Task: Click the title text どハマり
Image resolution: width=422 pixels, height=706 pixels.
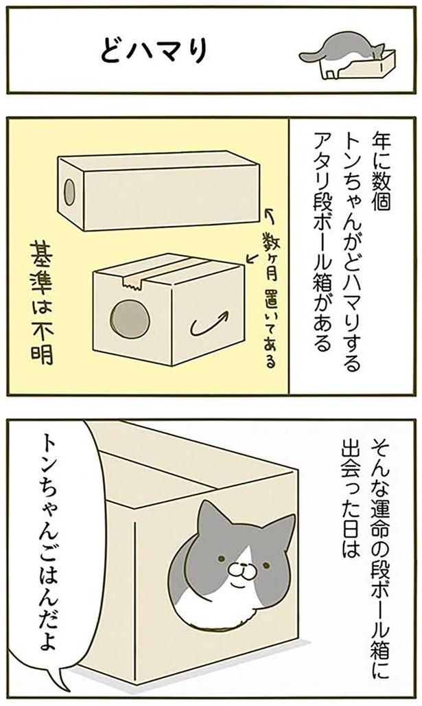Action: [x=154, y=50]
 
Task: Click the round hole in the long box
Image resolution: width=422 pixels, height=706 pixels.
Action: [x=70, y=191]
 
